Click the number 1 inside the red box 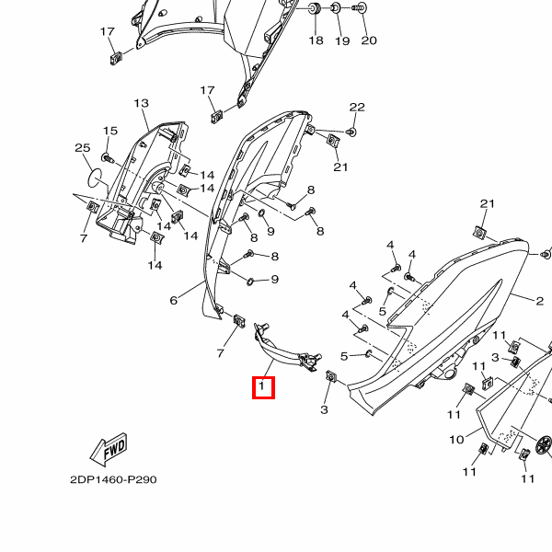coord(263,387)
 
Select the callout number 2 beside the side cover coord(540,300)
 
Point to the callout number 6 coord(173,301)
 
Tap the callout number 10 coord(456,440)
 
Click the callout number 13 coord(141,103)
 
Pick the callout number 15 coord(109,131)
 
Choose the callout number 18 coord(316,41)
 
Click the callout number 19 coord(341,41)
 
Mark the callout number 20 coord(368,41)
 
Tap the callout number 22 coord(357,108)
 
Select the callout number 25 coord(82,148)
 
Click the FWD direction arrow coord(109,450)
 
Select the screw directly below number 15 coord(106,157)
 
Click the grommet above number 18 coord(316,8)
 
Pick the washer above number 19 coord(337,8)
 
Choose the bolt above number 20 coord(360,8)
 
